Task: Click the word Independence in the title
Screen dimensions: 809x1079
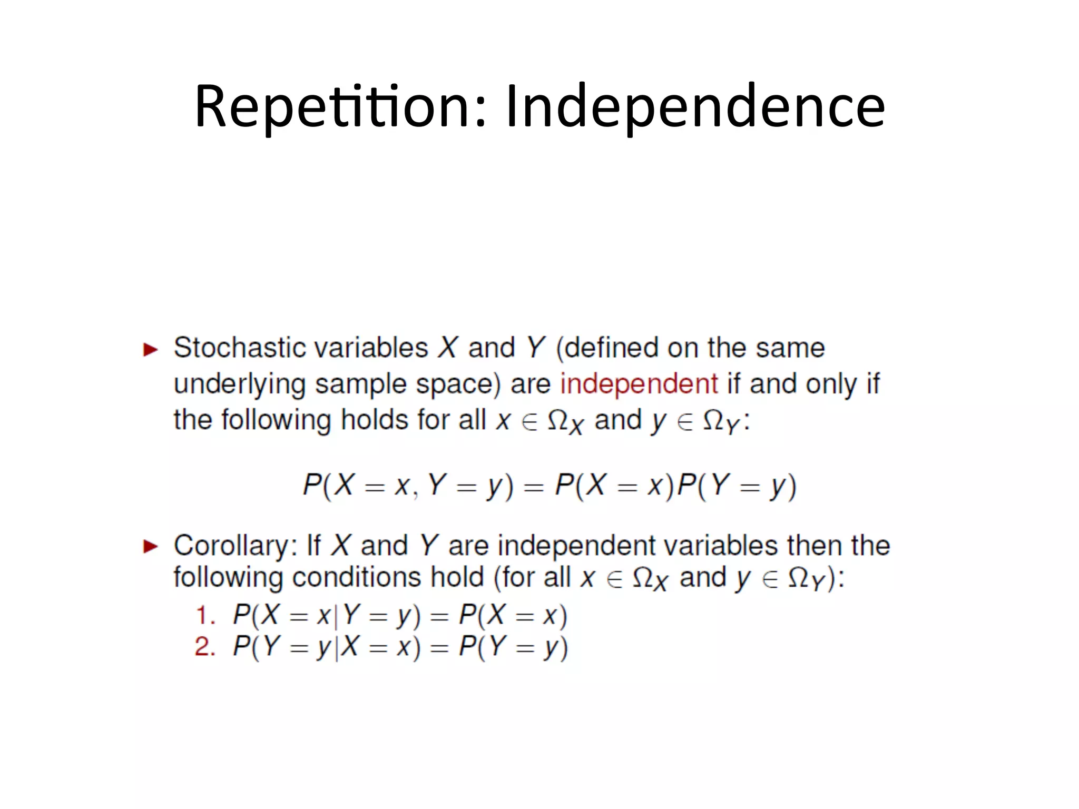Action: [x=695, y=107]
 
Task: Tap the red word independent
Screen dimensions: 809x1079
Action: [x=639, y=383]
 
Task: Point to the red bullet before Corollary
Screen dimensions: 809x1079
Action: [x=150, y=547]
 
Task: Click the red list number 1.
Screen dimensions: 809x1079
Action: [x=204, y=616]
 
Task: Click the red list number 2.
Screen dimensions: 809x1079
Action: [x=204, y=647]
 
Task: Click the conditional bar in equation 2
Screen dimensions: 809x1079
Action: [x=336, y=647]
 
